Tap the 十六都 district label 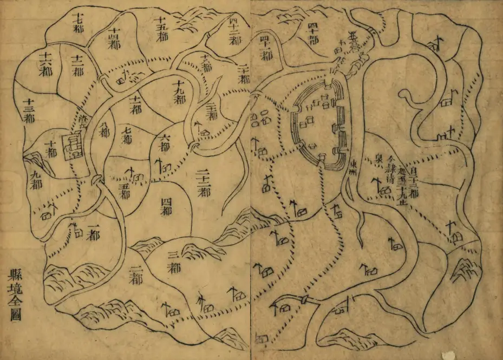pyautogui.click(x=45, y=64)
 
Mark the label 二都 pyautogui.click(x=133, y=274)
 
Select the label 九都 pyautogui.click(x=36, y=180)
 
